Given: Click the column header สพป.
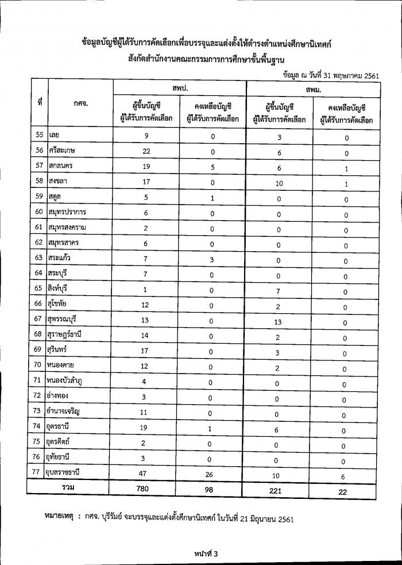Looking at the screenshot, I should point(180,87).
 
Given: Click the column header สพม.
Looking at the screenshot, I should point(314,90).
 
